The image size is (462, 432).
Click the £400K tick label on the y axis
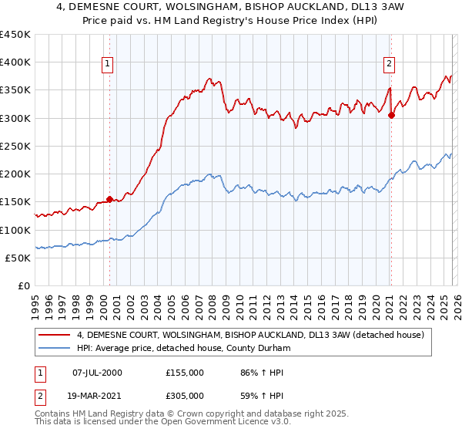point(15,62)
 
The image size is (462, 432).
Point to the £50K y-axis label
point(17,258)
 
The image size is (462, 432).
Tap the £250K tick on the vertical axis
point(15,147)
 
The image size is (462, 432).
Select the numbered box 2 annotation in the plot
point(390,64)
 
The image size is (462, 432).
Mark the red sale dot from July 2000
point(109,199)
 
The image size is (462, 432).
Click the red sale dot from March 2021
point(391,116)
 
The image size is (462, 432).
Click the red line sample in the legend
point(55,335)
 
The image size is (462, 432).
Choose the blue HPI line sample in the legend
point(55,348)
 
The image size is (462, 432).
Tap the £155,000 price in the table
point(185,373)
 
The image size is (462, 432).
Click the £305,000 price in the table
point(185,395)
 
